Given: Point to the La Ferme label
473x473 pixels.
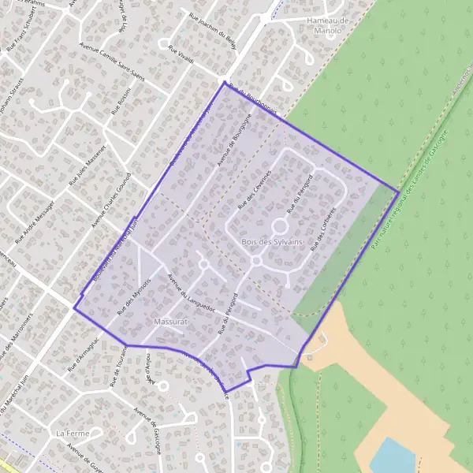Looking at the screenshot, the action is [68, 434].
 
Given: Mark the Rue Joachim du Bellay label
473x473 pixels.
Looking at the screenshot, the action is [213, 30].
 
